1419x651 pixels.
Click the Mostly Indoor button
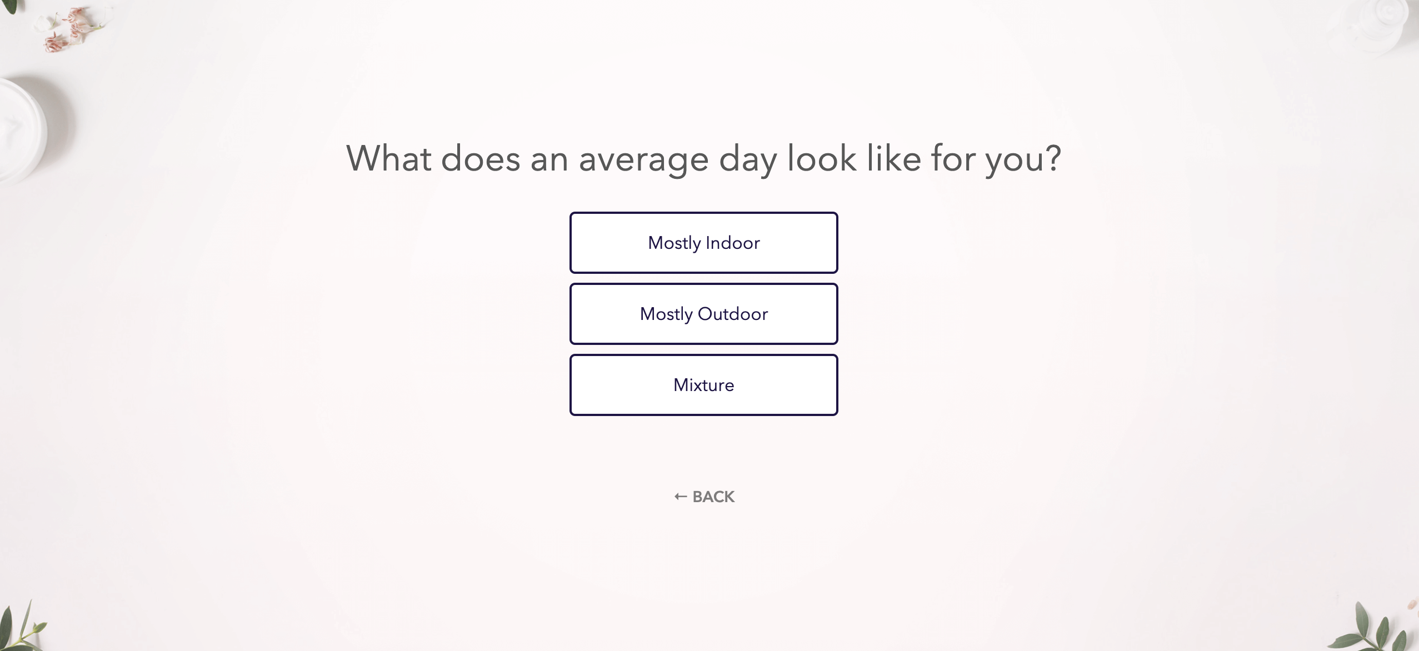tap(703, 243)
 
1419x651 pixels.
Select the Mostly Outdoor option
tap(703, 314)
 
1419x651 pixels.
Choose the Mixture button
tap(703, 385)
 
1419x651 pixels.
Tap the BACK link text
tap(713, 497)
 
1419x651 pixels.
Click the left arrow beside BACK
tap(681, 497)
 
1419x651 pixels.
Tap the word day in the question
tap(748, 160)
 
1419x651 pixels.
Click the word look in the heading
tap(822, 159)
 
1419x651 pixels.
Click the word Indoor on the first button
tap(732, 243)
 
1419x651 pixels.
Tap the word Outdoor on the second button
tap(732, 314)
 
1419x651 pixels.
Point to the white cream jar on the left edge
tap(22, 131)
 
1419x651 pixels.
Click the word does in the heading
tap(480, 159)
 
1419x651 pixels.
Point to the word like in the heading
tap(894, 159)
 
